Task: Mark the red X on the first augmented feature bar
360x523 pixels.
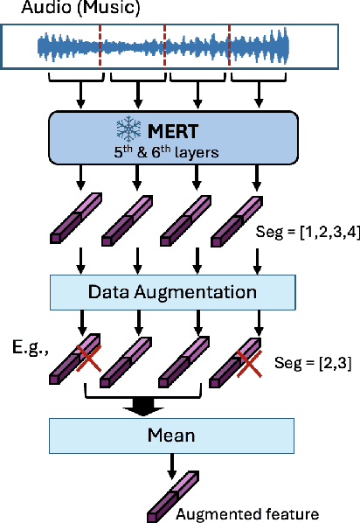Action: pyautogui.click(x=89, y=356)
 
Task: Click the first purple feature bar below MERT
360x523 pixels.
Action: pyautogui.click(x=80, y=219)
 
